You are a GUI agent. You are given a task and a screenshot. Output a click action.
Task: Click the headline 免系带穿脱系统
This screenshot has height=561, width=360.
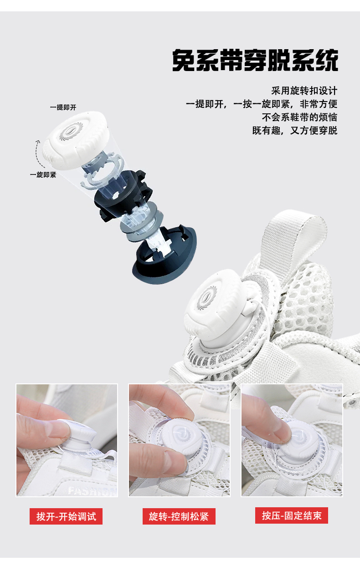[x=255, y=61]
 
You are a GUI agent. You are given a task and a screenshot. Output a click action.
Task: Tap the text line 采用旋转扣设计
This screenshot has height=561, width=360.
[x=304, y=91]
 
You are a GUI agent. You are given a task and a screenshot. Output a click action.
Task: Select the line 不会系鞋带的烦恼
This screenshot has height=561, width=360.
[x=299, y=117]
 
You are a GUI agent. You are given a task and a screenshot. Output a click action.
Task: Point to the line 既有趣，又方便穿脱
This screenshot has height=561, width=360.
[x=294, y=131]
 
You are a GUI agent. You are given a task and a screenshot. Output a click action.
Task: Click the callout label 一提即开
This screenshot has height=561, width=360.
[x=63, y=107]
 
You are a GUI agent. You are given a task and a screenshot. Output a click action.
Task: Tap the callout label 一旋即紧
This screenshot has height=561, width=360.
[x=43, y=175]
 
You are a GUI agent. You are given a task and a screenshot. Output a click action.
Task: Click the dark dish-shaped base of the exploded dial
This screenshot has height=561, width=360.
[x=165, y=255]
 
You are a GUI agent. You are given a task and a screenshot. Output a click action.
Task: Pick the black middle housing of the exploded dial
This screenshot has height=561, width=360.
[x=123, y=195]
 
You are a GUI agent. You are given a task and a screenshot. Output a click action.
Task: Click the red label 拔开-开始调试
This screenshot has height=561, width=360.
[x=66, y=516]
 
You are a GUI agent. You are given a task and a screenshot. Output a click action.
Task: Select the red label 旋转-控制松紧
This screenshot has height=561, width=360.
[x=179, y=516]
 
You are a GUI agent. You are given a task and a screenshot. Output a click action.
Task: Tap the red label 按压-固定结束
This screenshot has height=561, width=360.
[x=292, y=515]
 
